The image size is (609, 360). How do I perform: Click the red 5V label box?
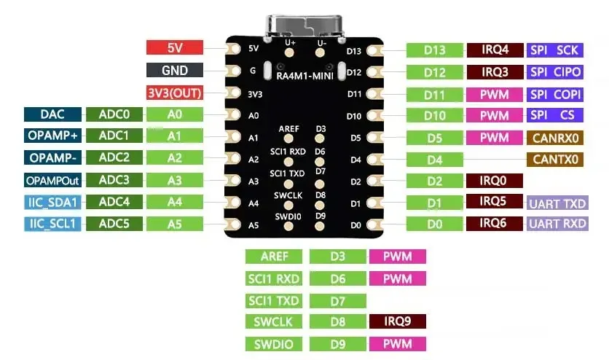point(174,48)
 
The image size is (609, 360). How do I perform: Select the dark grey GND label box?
point(174,71)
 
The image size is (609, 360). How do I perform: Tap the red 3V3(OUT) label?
point(174,93)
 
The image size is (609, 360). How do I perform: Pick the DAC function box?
point(52,114)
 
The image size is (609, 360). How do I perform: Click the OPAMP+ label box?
point(52,136)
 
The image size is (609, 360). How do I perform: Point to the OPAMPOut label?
point(52,180)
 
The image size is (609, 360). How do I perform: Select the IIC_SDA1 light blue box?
point(52,202)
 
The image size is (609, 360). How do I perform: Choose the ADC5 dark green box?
point(114,224)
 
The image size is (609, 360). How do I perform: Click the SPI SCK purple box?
point(556,50)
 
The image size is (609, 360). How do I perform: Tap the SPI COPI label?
point(556,95)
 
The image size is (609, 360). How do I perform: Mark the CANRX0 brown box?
point(556,138)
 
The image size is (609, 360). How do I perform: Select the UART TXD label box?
point(557,203)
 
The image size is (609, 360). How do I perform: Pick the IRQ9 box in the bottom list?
point(397,321)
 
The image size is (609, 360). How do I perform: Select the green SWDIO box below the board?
point(273,344)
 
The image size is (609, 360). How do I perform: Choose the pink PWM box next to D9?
point(397,344)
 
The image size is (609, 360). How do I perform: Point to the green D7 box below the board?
point(337,300)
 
